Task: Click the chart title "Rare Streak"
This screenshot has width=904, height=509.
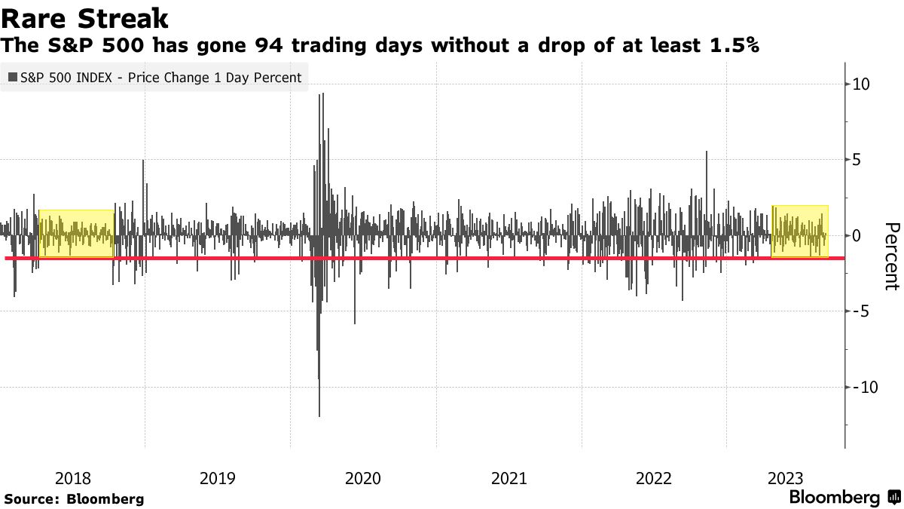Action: tap(84, 18)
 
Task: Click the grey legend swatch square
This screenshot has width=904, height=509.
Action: tap(13, 77)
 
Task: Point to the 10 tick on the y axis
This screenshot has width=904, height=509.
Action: tap(860, 84)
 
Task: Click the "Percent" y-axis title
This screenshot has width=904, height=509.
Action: tap(891, 256)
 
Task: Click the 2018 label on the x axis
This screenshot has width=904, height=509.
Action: tap(73, 478)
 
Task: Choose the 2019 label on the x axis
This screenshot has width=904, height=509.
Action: tap(218, 478)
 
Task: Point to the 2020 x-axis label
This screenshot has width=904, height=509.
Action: tap(363, 478)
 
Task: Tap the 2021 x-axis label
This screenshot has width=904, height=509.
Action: tap(508, 478)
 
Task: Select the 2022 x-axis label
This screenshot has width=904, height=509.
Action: tap(654, 478)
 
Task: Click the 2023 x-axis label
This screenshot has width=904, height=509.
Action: tap(786, 478)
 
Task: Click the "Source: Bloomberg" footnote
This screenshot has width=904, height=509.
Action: tap(74, 499)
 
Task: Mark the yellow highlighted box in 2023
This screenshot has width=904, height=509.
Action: tap(799, 231)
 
